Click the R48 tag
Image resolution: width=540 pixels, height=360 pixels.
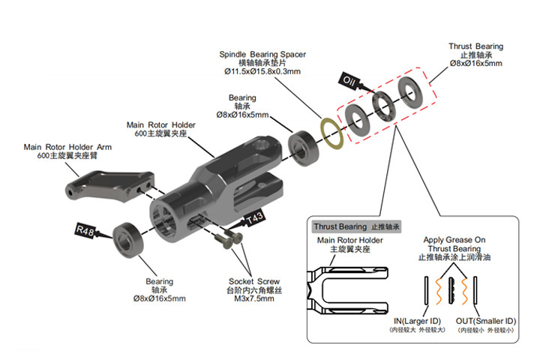(85, 231)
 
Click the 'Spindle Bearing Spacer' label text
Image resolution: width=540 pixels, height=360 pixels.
(262, 55)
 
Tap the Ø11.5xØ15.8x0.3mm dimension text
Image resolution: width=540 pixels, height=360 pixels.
(262, 73)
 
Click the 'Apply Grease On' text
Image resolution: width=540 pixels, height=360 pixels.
(454, 240)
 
